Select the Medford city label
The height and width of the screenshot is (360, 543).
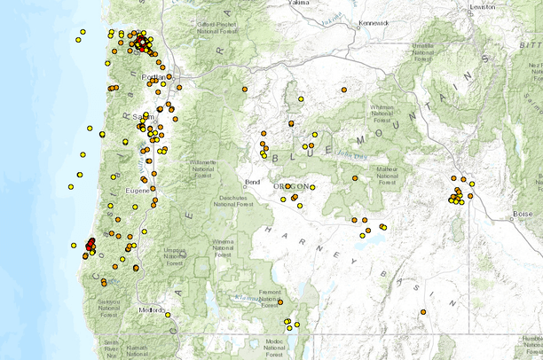[x=151, y=309]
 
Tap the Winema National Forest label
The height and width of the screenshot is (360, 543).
[x=223, y=247]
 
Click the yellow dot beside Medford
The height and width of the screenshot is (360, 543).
[x=168, y=315]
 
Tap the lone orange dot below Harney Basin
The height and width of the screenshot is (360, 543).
[x=423, y=311]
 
